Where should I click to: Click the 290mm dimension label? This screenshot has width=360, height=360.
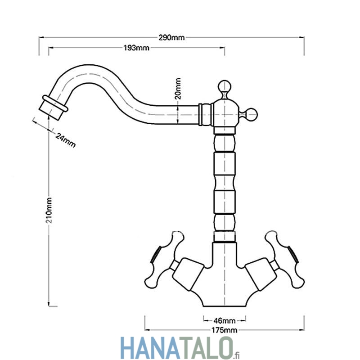click(171, 37)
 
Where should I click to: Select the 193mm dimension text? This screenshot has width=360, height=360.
click(136, 48)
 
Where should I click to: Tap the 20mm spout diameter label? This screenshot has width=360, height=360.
click(178, 89)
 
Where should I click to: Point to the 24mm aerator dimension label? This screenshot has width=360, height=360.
click(66, 140)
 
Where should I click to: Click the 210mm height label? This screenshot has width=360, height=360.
click(49, 210)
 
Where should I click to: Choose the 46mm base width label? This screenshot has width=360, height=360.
click(225, 320)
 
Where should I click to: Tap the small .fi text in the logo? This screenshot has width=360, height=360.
click(237, 355)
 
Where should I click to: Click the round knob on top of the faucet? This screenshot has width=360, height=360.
click(224, 86)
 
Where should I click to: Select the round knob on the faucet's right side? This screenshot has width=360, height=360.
click(251, 114)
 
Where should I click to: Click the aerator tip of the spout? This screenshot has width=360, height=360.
click(53, 108)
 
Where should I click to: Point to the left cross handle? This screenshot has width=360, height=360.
click(163, 260)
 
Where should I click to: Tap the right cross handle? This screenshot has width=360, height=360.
click(286, 260)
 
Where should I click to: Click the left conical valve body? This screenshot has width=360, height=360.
click(188, 274)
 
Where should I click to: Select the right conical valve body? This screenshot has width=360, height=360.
click(261, 274)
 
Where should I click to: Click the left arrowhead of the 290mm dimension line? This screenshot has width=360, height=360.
click(41, 37)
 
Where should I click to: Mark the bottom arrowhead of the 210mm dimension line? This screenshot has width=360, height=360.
click(49, 303)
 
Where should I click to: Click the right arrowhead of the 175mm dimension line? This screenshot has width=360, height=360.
click(301, 330)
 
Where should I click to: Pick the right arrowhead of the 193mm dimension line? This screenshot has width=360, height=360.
click(222, 48)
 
